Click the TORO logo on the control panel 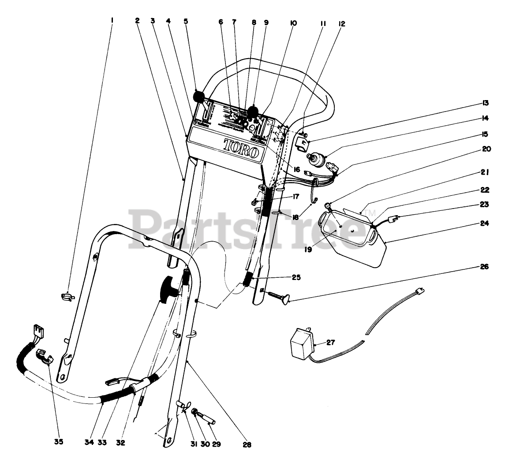(x=241, y=147)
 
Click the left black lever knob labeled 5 (x=200, y=96)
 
